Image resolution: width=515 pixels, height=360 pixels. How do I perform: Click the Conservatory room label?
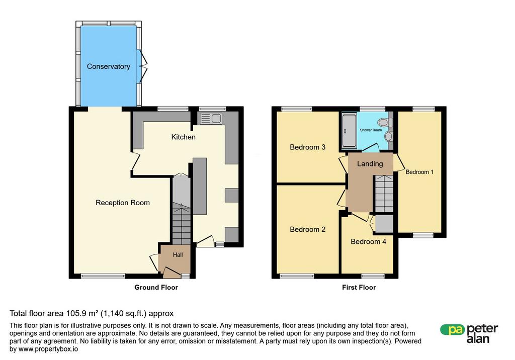[x=109, y=66]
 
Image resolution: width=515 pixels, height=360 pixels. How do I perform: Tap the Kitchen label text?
[x=183, y=137]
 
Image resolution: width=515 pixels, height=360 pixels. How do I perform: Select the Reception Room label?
[x=123, y=203]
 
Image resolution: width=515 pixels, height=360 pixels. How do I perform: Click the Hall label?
[x=178, y=254]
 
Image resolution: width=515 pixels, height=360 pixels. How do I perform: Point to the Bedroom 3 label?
[x=307, y=147]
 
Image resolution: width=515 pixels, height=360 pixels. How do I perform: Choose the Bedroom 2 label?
[x=307, y=229]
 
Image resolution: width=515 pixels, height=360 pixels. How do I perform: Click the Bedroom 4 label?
[x=368, y=242]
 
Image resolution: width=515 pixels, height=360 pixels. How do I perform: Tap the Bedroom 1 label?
[x=419, y=172]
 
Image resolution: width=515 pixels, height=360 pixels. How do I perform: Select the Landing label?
[x=370, y=163]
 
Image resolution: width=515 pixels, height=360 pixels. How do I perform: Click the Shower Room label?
[x=371, y=130]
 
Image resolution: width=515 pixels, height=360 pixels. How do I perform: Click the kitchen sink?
[x=211, y=118]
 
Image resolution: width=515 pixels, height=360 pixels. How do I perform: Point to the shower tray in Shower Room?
[x=349, y=131]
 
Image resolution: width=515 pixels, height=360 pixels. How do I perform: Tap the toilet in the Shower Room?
[x=384, y=123]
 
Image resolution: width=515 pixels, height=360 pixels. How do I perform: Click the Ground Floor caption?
[x=156, y=288]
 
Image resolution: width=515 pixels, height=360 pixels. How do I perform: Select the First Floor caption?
[x=359, y=288]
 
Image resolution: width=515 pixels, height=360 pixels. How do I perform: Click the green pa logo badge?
[x=453, y=329]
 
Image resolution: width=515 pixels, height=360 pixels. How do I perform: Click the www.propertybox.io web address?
[x=48, y=349]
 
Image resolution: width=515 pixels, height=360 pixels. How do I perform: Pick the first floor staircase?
[x=384, y=194]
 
